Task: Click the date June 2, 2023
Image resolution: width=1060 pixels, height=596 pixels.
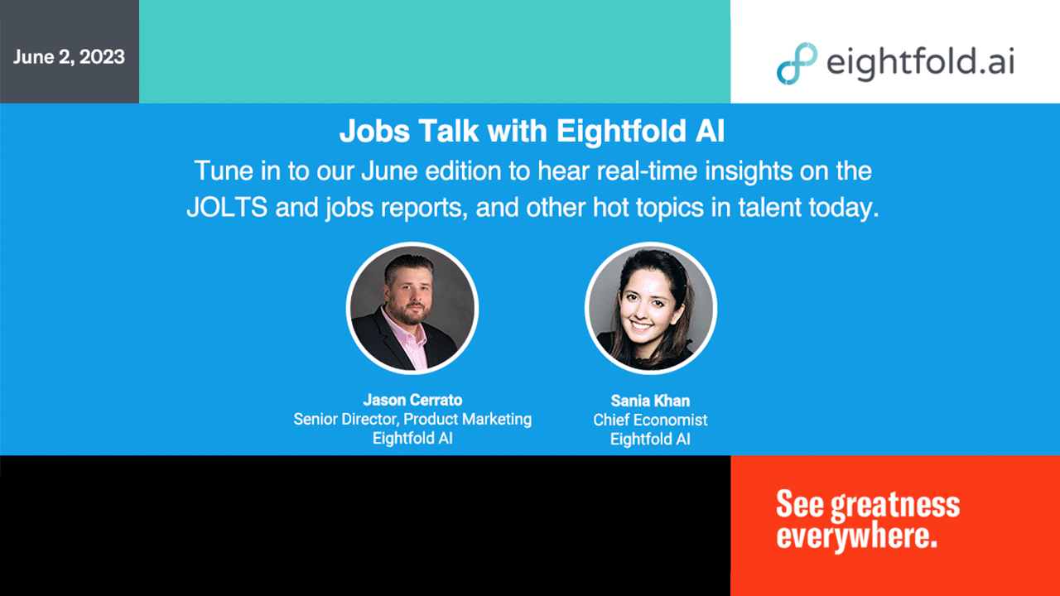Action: point(69,57)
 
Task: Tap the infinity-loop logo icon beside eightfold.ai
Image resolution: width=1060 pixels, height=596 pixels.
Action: point(797,64)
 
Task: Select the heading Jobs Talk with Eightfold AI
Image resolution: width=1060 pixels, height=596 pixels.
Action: point(532,131)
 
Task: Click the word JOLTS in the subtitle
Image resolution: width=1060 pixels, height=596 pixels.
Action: point(227,207)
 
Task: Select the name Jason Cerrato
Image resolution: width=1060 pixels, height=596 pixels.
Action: point(412,400)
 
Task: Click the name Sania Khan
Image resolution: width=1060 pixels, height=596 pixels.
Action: point(650,401)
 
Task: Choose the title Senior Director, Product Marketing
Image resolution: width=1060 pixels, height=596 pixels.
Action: point(412,420)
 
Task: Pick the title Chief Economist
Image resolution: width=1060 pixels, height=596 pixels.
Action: point(650,420)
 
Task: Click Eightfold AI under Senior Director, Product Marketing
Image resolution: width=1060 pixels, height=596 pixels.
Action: point(412,439)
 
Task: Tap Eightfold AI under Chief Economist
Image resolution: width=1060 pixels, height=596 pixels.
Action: point(650,440)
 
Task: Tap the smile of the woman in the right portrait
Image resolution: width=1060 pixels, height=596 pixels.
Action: point(642,326)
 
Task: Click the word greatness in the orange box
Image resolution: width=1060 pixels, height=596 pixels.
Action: point(895,506)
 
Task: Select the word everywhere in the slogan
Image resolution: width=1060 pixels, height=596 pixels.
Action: point(856,536)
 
